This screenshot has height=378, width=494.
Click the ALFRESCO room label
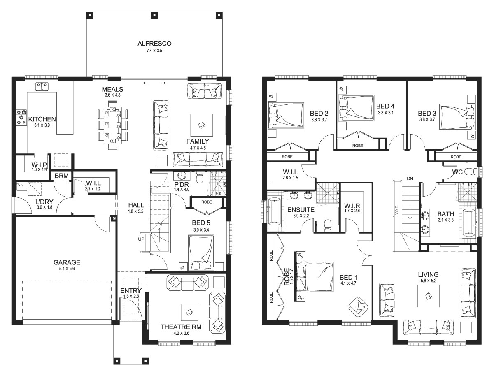click(154, 43)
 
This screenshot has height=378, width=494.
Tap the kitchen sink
click(42, 86)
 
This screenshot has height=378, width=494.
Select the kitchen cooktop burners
click(21, 117)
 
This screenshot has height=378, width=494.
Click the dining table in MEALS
click(112, 125)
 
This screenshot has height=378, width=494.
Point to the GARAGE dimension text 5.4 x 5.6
click(67, 269)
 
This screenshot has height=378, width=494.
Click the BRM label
click(62, 176)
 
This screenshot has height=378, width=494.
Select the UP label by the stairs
click(141, 239)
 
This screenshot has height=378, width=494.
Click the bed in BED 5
click(201, 253)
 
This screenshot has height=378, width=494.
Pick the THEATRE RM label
click(181, 327)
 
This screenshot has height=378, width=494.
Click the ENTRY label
click(131, 290)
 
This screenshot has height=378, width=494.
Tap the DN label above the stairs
click(410, 179)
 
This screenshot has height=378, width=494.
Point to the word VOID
click(397, 210)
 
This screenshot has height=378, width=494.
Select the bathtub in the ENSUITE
click(275, 211)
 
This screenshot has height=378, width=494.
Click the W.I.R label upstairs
click(352, 206)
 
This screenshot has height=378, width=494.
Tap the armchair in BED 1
click(359, 307)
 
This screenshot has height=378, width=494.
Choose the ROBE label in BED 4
click(358, 146)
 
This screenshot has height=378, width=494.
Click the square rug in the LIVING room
click(428, 296)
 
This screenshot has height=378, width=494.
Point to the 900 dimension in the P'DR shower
click(218, 194)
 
